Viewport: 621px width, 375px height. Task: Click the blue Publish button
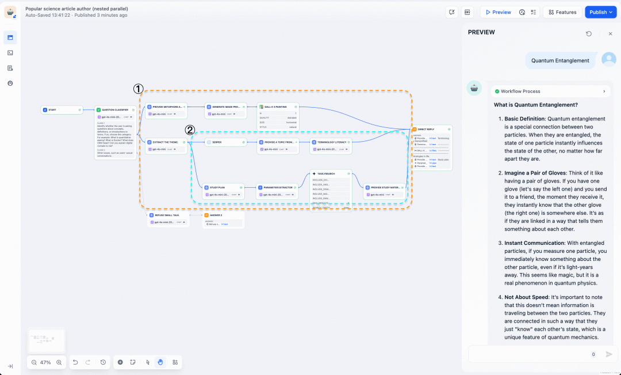click(600, 12)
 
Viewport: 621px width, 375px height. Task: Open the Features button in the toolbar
click(562, 12)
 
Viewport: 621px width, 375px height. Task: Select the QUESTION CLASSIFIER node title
click(115, 109)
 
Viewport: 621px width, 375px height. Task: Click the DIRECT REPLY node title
click(428, 130)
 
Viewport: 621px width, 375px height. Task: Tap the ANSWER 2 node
click(223, 215)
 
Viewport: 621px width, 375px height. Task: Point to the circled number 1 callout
click(138, 89)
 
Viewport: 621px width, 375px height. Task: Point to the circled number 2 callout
click(190, 130)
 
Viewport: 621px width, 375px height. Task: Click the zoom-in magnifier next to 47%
click(59, 362)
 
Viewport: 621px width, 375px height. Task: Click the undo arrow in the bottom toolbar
click(75, 362)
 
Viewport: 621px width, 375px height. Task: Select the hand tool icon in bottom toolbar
click(160, 362)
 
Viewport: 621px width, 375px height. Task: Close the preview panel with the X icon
click(610, 34)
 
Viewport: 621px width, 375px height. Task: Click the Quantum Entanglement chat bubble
click(560, 60)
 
